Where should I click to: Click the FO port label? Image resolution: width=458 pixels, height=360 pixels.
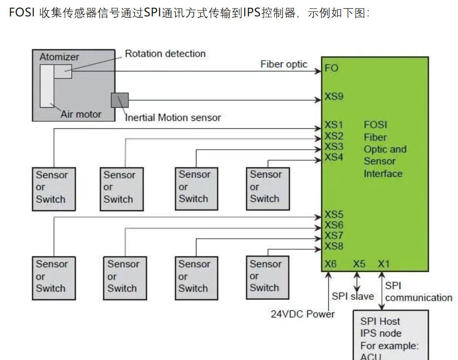[x=331, y=69]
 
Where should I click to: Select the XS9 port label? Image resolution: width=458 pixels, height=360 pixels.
[x=334, y=97]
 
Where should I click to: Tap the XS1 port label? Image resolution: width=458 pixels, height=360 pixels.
[x=334, y=125]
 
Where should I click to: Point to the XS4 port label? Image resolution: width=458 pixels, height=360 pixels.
[x=334, y=158]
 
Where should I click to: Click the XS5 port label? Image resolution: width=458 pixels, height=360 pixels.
[x=334, y=215]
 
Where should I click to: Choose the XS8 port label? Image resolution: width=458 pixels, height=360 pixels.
[x=334, y=246]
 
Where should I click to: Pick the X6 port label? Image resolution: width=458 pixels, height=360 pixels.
[x=331, y=264]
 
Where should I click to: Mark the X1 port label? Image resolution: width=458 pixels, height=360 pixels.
[x=384, y=264]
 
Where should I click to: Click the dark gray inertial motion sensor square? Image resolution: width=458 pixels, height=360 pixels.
[x=119, y=100]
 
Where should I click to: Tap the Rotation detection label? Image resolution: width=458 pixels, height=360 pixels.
[x=165, y=54]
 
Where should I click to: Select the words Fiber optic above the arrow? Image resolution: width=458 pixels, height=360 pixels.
[x=284, y=64]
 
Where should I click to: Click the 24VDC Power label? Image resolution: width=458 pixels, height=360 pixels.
[x=303, y=314]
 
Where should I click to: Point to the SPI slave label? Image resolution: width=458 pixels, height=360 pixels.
[x=353, y=296]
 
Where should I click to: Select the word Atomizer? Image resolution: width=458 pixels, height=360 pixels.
[x=59, y=57]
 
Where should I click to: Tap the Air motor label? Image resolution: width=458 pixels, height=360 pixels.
[x=81, y=114]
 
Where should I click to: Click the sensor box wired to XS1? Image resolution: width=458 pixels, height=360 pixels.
[x=54, y=188]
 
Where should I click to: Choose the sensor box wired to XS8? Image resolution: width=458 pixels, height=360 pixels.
[x=267, y=277]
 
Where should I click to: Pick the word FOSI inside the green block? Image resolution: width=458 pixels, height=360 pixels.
[x=375, y=125]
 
